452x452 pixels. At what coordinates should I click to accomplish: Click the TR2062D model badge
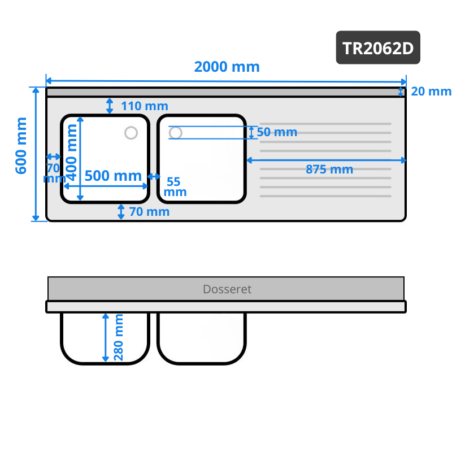tap(379, 47)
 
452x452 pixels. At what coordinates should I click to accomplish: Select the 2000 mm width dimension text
tap(227, 67)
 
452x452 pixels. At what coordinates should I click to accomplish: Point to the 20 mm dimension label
tap(431, 92)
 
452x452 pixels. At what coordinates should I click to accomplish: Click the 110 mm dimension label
tap(144, 106)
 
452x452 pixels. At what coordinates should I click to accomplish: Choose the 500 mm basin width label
tap(113, 176)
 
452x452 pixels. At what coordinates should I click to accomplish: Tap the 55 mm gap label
tap(173, 186)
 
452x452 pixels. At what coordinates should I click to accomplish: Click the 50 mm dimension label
tap(277, 132)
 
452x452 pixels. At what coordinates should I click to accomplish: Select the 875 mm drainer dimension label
tap(329, 169)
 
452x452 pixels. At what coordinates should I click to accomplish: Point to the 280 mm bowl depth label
tap(119, 337)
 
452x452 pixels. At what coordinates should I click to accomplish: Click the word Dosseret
tap(227, 289)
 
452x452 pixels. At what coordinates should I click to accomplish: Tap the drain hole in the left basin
tap(131, 133)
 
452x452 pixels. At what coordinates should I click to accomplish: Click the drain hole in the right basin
tap(176, 133)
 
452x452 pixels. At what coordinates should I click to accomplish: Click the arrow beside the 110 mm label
tap(110, 105)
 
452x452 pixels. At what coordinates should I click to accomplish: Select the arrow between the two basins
tap(154, 177)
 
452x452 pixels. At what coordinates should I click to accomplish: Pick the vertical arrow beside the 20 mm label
tap(401, 92)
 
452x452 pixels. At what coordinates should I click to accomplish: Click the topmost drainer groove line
tap(325, 124)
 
